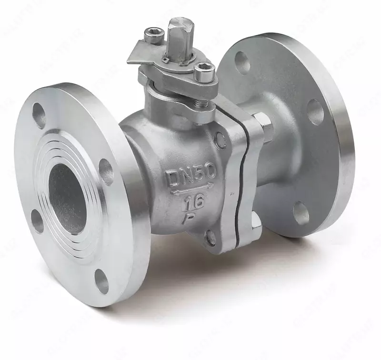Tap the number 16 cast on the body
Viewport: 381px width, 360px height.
tap(193, 202)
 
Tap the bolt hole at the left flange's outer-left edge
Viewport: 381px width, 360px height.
tap(37, 221)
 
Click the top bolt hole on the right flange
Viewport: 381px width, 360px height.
tap(242, 62)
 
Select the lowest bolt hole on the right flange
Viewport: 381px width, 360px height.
tap(301, 213)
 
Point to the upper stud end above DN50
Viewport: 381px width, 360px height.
tap(220, 138)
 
